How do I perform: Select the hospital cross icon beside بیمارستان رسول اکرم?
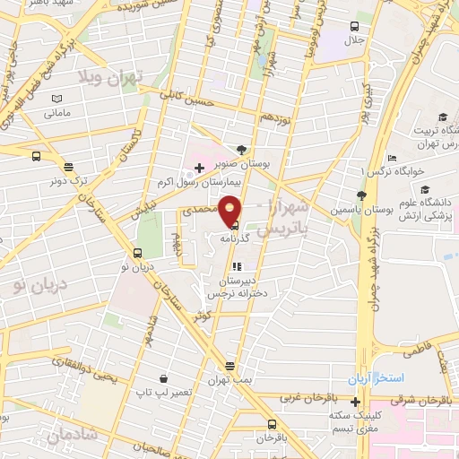199,169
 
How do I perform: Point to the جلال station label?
356,40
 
